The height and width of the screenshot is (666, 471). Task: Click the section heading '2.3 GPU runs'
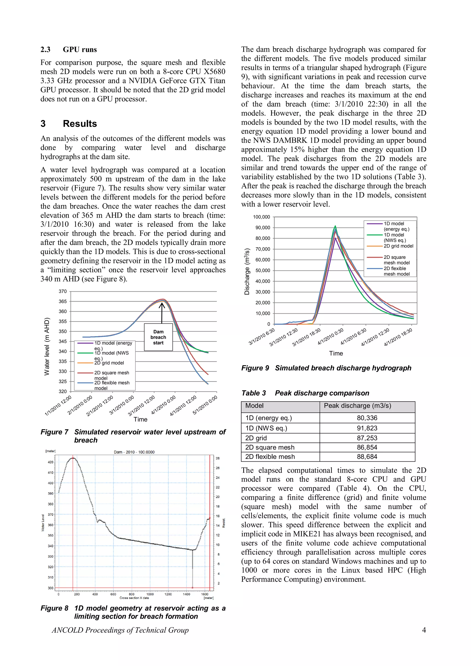pyautogui.click(x=69, y=50)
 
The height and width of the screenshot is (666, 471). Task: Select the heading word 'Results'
pyautogui.click(x=80, y=124)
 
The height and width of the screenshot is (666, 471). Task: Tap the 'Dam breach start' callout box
pyautogui.click(x=158, y=337)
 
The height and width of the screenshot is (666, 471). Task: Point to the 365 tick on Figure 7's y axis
pyautogui.click(x=63, y=301)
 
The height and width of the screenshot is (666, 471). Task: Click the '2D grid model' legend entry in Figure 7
pyautogui.click(x=109, y=363)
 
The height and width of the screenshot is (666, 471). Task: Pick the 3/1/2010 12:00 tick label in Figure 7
pyautogui.click(x=141, y=406)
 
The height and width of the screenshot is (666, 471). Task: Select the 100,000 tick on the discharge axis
pyautogui.click(x=261, y=217)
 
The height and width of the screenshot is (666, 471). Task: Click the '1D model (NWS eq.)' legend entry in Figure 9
pyautogui.click(x=393, y=237)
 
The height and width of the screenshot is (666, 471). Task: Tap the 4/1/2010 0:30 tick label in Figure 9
pyautogui.click(x=330, y=337)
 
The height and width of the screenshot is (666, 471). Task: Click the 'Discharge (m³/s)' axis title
pyautogui.click(x=247, y=272)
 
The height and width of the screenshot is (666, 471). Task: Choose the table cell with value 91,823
pyautogui.click(x=367, y=428)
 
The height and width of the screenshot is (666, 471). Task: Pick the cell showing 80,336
pyautogui.click(x=367, y=418)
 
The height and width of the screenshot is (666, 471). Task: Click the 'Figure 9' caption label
pyautogui.click(x=255, y=368)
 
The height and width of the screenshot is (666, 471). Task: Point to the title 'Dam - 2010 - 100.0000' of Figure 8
pyautogui.click(x=134, y=452)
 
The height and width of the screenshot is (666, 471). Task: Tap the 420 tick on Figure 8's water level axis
pyautogui.click(x=51, y=462)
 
